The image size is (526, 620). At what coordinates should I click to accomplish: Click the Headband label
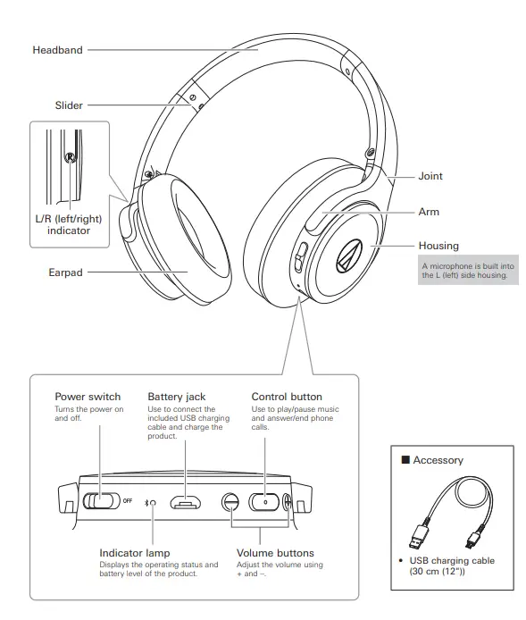click(57, 50)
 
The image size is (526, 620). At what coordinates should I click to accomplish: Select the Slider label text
click(69, 105)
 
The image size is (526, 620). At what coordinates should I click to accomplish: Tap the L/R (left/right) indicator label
click(69, 223)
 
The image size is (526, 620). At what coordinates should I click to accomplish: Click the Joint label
click(430, 176)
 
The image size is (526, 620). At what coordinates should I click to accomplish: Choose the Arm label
click(429, 212)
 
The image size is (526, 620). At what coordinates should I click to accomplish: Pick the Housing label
click(438, 246)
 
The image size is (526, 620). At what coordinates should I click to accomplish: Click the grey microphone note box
click(468, 271)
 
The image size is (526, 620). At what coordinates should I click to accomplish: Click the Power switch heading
click(88, 397)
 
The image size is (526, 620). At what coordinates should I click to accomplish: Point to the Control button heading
click(287, 397)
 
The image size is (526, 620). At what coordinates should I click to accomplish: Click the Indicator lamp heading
click(134, 553)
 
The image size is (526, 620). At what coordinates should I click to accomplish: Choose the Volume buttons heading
click(275, 553)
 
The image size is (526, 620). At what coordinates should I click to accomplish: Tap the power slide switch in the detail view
click(101, 501)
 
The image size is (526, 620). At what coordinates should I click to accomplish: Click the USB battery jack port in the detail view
click(186, 502)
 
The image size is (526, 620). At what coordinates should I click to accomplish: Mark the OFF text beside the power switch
click(128, 501)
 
